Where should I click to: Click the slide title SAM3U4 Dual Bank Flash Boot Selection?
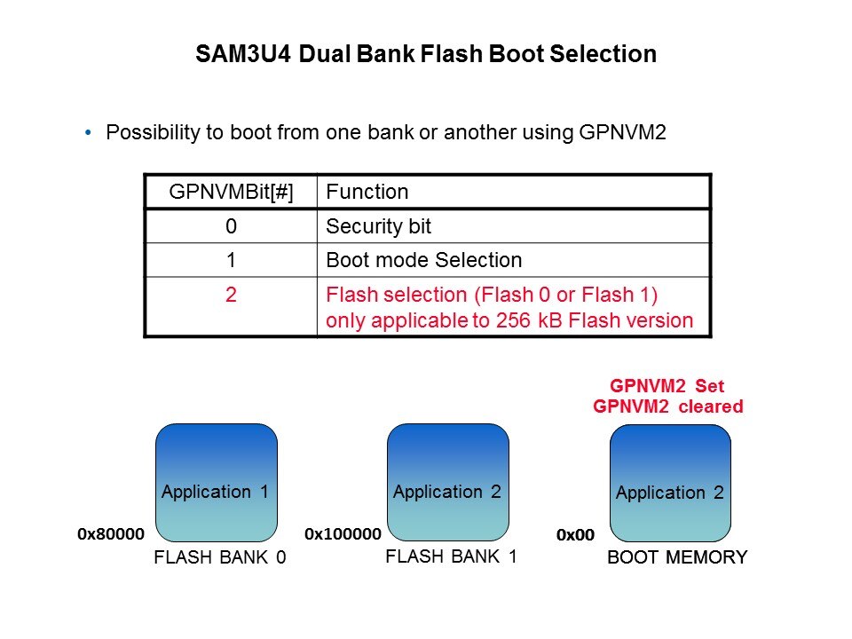point(426,54)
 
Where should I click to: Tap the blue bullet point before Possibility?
point(88,133)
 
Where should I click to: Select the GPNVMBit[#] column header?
point(230,192)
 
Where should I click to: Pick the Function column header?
point(367,192)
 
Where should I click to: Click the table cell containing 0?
point(230,226)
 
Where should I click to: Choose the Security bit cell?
point(379,226)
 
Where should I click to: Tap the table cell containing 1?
point(230,260)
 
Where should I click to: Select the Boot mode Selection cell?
point(424,260)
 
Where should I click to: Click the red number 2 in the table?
point(230,295)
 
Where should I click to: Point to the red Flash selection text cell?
point(509,307)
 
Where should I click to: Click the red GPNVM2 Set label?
point(667,387)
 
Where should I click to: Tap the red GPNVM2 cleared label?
point(667,406)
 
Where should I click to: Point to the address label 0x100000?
point(343,534)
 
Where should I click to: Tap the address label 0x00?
point(575,535)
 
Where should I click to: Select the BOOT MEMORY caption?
point(677,558)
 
